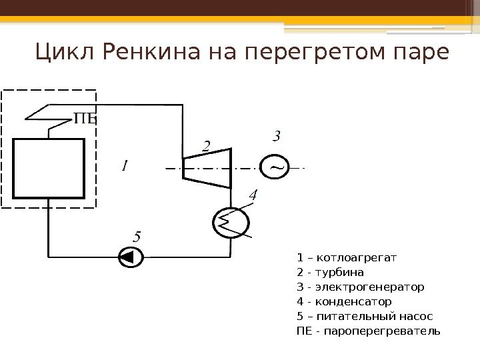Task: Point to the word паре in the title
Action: click(418, 51)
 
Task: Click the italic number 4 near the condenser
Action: click(252, 195)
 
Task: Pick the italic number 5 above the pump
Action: click(137, 237)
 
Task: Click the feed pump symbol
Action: click(129, 257)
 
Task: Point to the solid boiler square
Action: click(49, 168)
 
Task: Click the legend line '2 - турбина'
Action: click(331, 272)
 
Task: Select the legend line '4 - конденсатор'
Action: click(344, 302)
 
